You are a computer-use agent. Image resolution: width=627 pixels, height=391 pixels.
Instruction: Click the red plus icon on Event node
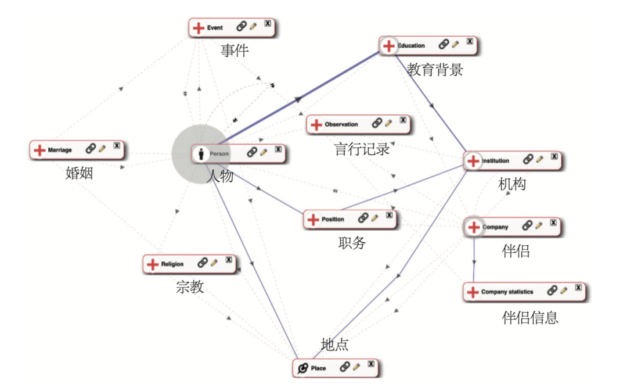(199, 28)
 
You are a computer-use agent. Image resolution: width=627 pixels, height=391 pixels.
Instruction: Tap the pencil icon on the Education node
(455, 44)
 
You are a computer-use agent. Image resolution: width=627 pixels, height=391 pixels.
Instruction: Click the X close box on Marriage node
(117, 145)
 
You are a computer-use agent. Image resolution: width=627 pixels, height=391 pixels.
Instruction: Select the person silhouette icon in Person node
(201, 154)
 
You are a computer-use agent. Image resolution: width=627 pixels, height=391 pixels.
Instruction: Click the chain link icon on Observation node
(376, 123)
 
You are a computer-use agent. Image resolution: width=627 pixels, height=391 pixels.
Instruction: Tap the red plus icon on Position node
(313, 220)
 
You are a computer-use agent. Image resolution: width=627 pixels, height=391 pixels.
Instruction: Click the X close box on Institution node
(554, 156)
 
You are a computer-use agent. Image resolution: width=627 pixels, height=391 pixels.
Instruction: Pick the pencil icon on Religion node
(214, 263)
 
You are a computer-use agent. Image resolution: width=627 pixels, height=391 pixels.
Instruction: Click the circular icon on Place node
(302, 368)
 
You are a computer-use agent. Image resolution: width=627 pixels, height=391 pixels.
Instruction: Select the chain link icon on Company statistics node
(552, 290)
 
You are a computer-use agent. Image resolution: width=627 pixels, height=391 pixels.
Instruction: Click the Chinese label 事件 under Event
(235, 51)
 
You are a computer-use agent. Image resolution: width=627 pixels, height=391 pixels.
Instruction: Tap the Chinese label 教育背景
(435, 70)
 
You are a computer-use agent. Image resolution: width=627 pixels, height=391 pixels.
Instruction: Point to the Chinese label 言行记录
(362, 149)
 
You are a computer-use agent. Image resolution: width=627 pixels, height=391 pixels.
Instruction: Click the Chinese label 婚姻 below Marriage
(80, 173)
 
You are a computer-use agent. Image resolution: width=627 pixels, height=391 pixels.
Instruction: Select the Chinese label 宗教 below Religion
(190, 287)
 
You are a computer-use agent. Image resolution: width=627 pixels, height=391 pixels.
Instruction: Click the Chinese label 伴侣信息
(530, 318)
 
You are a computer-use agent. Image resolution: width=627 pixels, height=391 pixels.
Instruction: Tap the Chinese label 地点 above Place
(335, 345)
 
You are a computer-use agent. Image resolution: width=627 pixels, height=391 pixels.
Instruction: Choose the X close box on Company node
(553, 223)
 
